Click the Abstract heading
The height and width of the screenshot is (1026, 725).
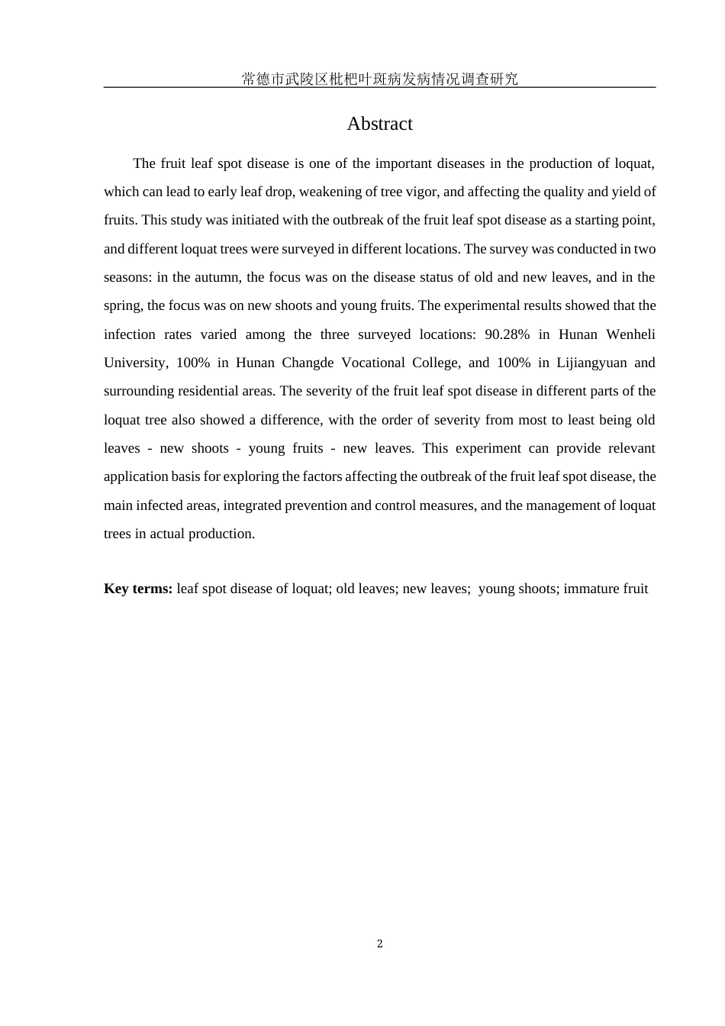(x=379, y=124)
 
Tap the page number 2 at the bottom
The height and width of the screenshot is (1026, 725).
(x=379, y=944)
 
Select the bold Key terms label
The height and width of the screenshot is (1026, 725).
(x=138, y=589)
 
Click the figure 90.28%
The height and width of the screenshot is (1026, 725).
(x=507, y=334)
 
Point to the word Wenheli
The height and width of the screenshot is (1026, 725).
(x=630, y=334)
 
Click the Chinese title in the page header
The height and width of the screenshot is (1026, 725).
(x=379, y=79)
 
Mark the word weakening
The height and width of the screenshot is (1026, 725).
(x=326, y=192)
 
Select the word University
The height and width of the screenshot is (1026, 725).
(x=135, y=363)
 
